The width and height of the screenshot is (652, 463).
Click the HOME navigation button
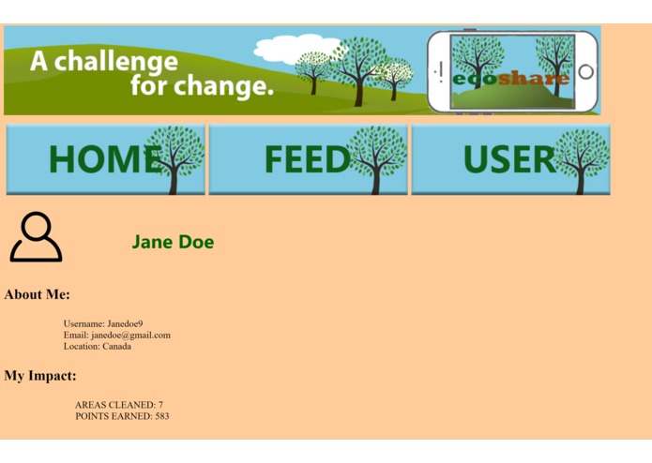click(105, 159)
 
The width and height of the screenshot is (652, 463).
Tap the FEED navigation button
click(308, 159)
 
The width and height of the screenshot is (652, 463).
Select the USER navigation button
click(510, 159)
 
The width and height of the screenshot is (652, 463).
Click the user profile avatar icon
click(36, 237)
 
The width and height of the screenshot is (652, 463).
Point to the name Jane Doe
click(173, 242)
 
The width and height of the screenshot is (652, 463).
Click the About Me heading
click(37, 294)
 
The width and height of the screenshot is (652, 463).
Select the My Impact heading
click(40, 376)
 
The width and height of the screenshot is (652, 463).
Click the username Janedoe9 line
click(103, 323)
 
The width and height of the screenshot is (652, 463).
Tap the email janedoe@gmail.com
click(117, 335)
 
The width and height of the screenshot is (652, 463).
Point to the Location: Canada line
click(98, 346)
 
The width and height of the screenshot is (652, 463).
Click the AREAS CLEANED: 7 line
click(119, 405)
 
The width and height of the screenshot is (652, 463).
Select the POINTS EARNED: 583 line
click(122, 416)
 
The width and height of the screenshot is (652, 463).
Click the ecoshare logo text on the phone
click(510, 79)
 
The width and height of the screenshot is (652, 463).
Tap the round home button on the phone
click(586, 71)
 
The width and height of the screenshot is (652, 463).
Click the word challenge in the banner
click(114, 63)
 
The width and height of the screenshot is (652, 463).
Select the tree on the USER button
click(582, 157)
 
